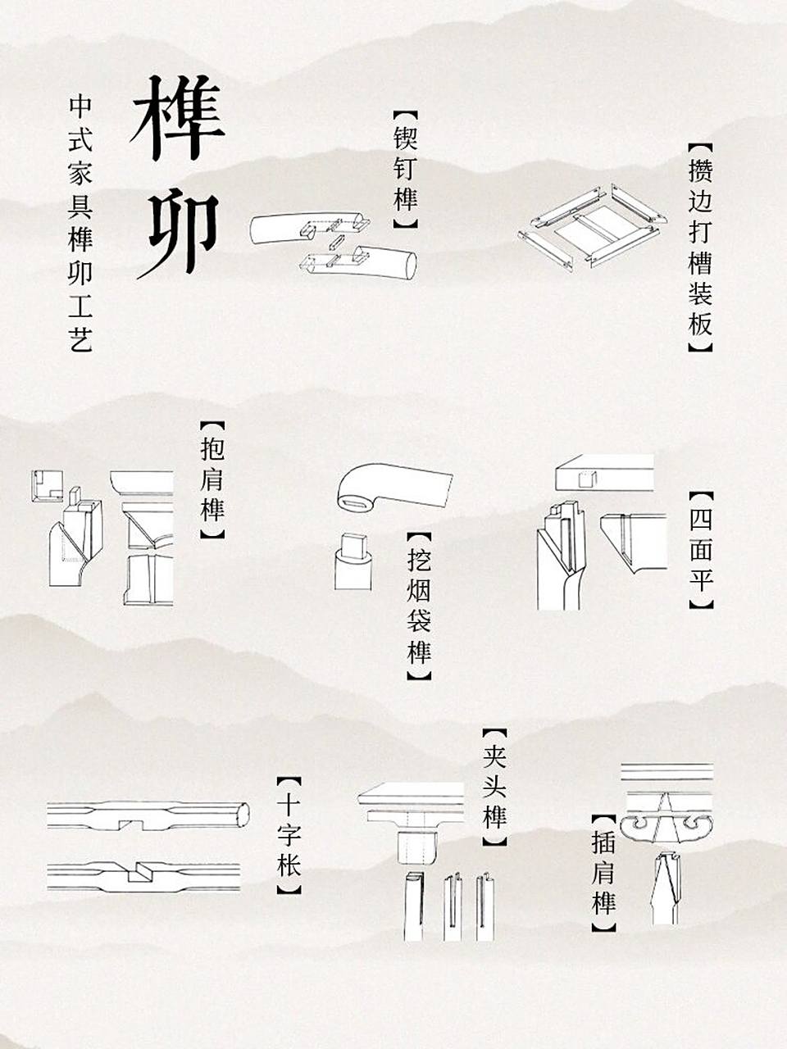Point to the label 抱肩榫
[x=212, y=480]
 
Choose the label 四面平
[x=701, y=550]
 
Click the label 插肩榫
[x=603, y=872]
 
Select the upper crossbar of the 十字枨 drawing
[x=148, y=814]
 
